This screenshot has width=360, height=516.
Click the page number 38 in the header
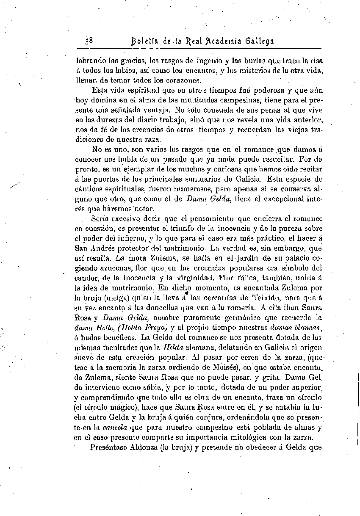[x=89, y=41]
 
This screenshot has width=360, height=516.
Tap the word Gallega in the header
[x=258, y=41]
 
